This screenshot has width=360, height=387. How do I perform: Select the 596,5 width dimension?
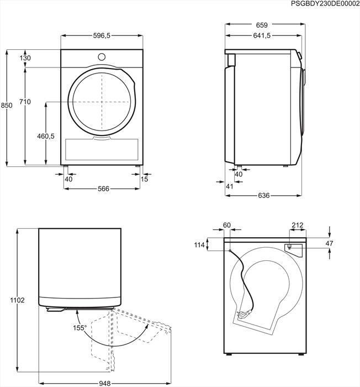102,35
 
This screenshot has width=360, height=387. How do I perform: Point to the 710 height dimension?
25,102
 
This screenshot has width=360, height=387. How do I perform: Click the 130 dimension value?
25,58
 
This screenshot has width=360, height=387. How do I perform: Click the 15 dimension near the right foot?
145,179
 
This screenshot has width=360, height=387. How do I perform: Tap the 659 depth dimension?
262,25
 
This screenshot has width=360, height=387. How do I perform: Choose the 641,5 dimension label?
262,35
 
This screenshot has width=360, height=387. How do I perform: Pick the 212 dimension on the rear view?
298,225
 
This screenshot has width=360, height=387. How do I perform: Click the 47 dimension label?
345,243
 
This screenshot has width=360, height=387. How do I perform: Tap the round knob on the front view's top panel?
102,56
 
